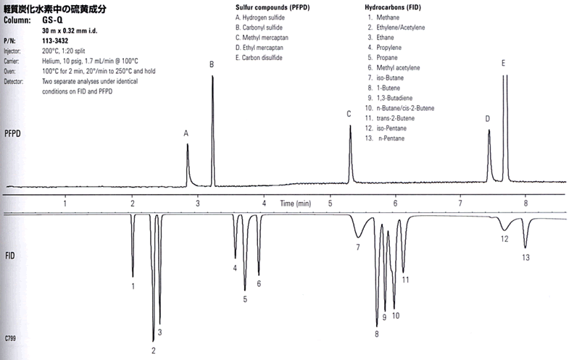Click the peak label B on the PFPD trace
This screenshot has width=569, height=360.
[212, 64]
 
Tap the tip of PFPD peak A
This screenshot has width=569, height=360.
[188, 144]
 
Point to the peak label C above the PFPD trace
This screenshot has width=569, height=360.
[349, 114]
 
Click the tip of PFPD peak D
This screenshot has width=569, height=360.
[489, 130]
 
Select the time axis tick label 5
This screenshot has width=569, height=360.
[331, 204]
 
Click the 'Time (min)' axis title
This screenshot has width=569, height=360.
[296, 204]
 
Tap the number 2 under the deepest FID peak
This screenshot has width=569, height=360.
[154, 351]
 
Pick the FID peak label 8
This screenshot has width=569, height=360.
[377, 334]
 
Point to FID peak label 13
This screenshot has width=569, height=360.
[526, 257]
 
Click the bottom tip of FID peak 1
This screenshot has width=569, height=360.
[133, 277]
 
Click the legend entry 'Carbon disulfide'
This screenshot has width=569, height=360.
[259, 58]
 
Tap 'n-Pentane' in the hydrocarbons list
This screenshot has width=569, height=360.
[391, 138]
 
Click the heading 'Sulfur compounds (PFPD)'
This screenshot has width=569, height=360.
[273, 7]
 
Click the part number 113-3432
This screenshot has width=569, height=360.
[55, 41]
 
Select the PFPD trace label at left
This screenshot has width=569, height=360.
[12, 134]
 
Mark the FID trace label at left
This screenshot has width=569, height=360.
[10, 256]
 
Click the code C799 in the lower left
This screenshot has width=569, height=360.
[10, 338]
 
